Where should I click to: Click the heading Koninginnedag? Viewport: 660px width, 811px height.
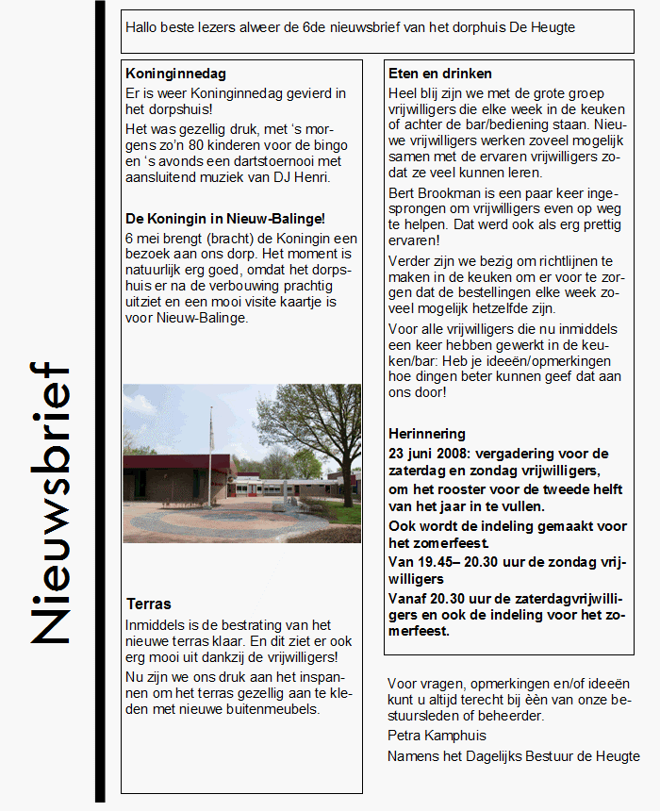(175, 74)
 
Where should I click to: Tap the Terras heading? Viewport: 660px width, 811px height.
(149, 604)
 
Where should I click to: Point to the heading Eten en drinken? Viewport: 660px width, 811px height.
(440, 74)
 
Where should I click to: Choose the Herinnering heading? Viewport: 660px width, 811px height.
(427, 434)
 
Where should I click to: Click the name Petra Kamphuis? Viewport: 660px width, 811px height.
(437, 735)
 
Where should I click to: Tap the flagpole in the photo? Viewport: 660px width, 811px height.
(210, 462)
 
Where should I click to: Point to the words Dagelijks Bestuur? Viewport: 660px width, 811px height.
(511, 756)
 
